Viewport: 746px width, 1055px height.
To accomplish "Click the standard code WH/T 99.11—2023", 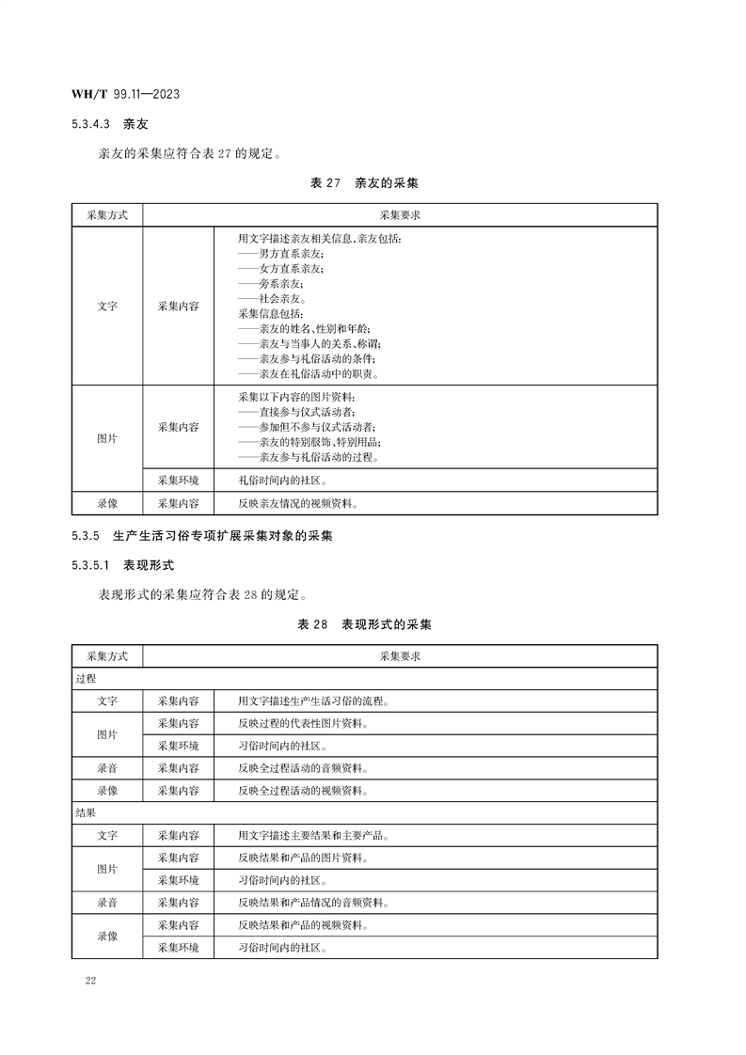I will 126,95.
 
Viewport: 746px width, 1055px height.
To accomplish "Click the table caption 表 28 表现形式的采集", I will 364,624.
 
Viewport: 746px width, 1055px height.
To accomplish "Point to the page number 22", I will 90,982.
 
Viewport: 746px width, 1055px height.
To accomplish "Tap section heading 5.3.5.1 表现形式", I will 122,565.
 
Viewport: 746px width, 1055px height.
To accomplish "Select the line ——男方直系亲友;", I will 281,254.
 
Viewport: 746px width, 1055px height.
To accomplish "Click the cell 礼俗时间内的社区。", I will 283,480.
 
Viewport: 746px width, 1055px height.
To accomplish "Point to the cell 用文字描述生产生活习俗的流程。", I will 314,701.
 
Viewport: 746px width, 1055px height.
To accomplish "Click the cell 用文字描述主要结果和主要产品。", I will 314,835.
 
